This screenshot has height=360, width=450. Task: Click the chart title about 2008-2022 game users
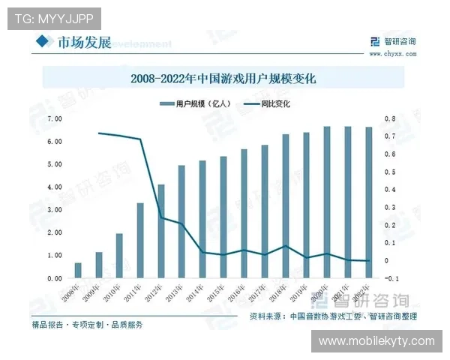pos(223,78)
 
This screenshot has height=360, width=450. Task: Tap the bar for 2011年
pos(140,241)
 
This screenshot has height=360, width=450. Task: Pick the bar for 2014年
pos(202,219)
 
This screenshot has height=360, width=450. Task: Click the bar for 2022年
pos(368,202)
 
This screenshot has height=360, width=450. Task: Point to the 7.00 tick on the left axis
pos(54,119)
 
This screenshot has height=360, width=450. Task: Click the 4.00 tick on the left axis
pos(54,187)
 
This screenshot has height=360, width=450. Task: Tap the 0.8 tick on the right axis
pos(389,119)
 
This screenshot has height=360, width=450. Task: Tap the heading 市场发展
pos(84,42)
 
